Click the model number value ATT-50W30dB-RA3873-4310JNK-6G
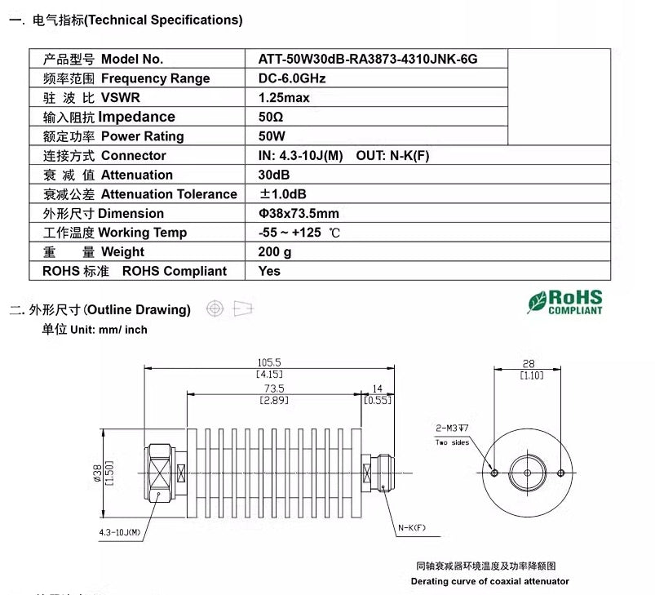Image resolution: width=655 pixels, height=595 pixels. [367, 59]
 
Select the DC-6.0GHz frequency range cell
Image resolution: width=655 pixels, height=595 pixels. [292, 78]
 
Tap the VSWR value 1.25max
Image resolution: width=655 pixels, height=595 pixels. [284, 98]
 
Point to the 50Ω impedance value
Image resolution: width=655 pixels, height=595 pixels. [271, 117]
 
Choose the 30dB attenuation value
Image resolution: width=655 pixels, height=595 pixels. [274, 175]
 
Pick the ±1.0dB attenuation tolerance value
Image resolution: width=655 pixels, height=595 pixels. [283, 194]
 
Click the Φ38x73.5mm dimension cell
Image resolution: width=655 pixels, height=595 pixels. [299, 213]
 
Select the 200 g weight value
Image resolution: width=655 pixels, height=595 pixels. [275, 252]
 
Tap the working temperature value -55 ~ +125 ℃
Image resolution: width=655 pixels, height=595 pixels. [299, 233]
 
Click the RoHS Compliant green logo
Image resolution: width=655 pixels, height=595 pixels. [564, 301]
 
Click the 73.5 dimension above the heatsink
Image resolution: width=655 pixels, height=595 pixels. [273, 389]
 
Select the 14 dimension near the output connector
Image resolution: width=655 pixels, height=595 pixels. [377, 389]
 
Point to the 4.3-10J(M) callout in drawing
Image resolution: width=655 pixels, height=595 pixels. [120, 533]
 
